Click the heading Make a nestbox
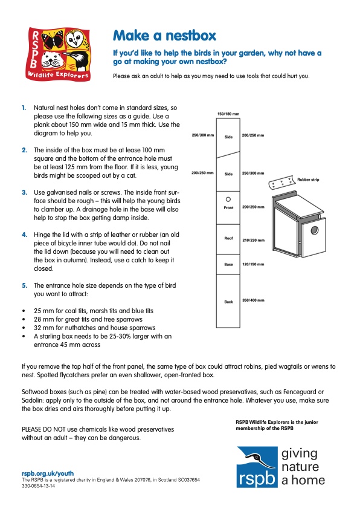click(x=164, y=36)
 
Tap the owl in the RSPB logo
click(x=76, y=39)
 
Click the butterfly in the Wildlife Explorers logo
click(x=52, y=39)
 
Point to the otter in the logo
click(x=51, y=60)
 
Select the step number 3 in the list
click(x=25, y=192)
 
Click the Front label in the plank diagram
click(x=228, y=208)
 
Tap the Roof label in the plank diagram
click(x=228, y=238)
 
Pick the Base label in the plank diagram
click(x=228, y=265)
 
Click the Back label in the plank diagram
click(x=228, y=302)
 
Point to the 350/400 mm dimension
click(x=253, y=300)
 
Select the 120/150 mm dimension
click(x=253, y=264)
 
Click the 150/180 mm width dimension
click(x=228, y=114)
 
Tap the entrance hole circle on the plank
click(x=228, y=199)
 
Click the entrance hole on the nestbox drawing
click(x=314, y=230)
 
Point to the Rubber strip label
click(x=308, y=180)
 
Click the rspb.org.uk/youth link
click(x=48, y=473)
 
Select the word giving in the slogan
click(x=300, y=454)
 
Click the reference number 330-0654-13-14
click(x=38, y=486)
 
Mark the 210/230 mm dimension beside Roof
click(x=253, y=240)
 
